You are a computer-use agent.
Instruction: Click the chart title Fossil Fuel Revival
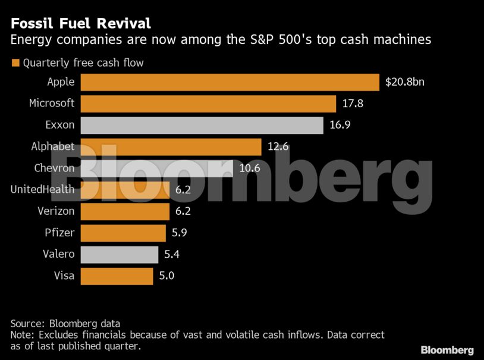80,24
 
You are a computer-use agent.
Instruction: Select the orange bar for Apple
230,82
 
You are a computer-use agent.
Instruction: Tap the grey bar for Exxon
202,125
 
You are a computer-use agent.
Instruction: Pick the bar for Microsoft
208,104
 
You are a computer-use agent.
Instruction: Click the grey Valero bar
119,254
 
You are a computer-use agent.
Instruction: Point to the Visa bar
116,276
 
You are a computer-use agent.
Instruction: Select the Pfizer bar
122,233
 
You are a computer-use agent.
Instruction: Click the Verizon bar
124,211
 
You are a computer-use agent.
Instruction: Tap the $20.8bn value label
405,82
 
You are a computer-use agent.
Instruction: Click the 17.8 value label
353,104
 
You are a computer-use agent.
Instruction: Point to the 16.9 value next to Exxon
340,125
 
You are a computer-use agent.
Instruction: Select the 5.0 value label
167,276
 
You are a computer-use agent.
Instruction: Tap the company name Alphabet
53,146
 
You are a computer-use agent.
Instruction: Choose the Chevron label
54,168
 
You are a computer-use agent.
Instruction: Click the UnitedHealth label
42,190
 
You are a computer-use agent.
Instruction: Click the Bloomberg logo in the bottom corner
447,349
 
